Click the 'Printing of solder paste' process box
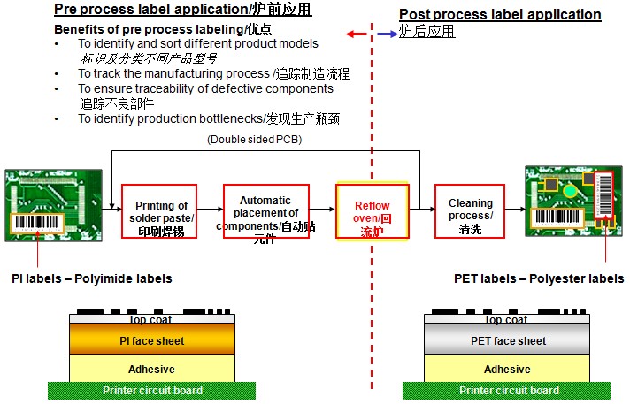click(x=159, y=210)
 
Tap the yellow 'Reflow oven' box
click(x=373, y=211)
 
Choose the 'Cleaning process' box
click(x=470, y=210)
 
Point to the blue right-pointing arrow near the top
click(x=387, y=34)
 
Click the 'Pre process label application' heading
click(x=183, y=10)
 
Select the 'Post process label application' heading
click(x=500, y=15)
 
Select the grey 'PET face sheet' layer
click(x=507, y=340)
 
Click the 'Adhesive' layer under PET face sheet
click(x=507, y=369)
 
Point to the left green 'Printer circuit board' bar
click(x=152, y=390)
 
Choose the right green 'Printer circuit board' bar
click(x=506, y=390)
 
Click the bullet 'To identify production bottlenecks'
click(x=209, y=118)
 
